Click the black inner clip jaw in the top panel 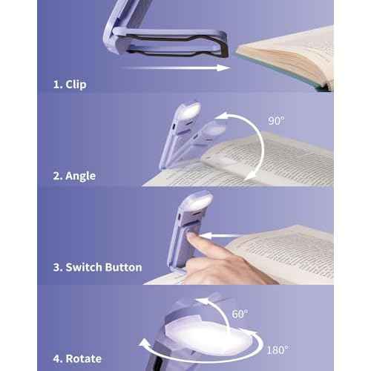178,47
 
